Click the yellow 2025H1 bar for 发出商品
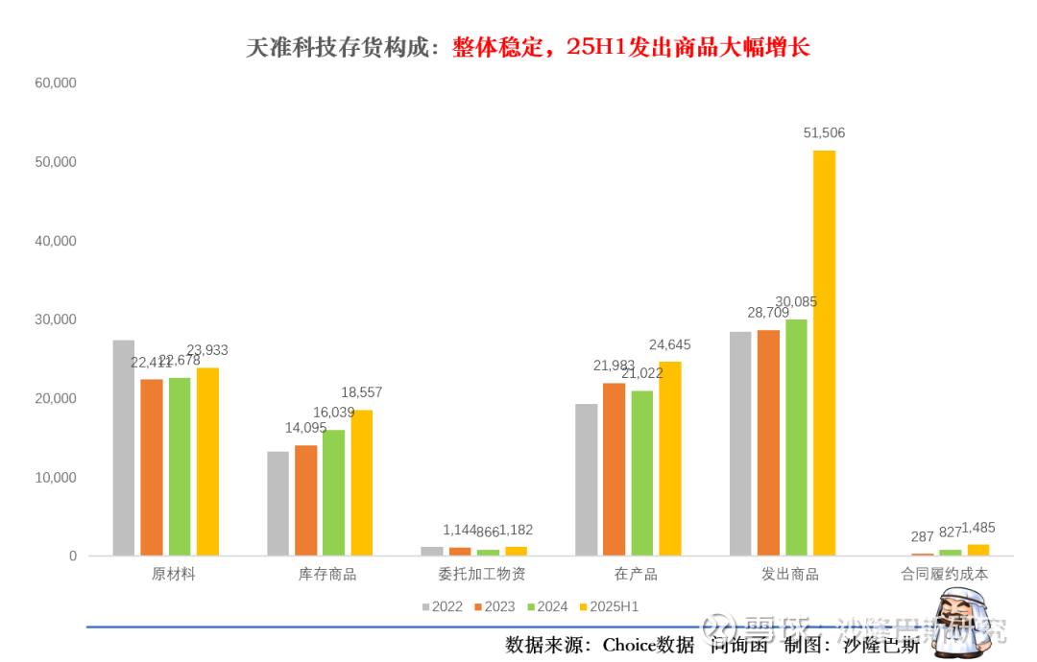[x=824, y=353]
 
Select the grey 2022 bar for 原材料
[x=124, y=447]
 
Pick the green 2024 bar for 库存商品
[x=333, y=492]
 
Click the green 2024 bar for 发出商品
[x=796, y=437]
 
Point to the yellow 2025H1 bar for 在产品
[x=670, y=459]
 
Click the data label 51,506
[x=824, y=133]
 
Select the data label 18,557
[x=362, y=392]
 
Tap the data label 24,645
[x=670, y=344]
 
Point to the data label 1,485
[x=978, y=528]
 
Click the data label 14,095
[x=305, y=428]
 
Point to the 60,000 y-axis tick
[x=56, y=83]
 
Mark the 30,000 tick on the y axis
[x=56, y=319]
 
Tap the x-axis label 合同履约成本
[x=944, y=575]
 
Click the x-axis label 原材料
[x=174, y=575]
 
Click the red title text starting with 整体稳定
[x=632, y=47]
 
